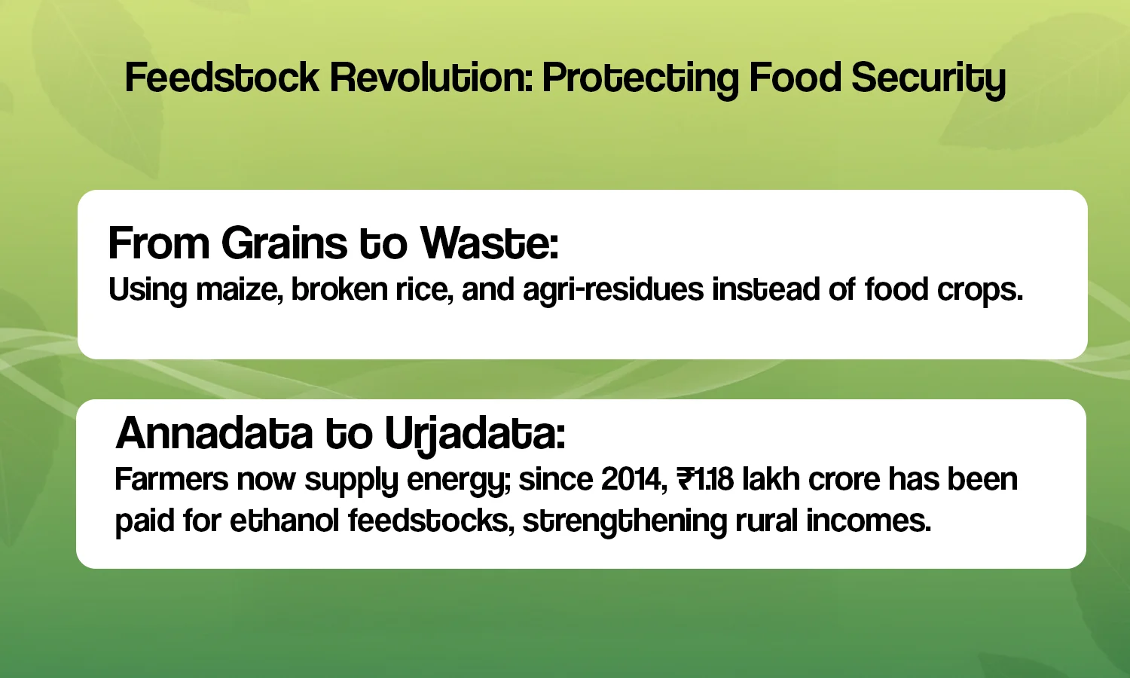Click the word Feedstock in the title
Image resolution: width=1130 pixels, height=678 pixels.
pyautogui.click(x=222, y=78)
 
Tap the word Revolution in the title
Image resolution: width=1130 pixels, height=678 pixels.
pyautogui.click(x=432, y=78)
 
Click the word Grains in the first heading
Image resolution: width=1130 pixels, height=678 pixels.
pyautogui.click(x=285, y=243)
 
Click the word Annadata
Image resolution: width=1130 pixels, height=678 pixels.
pyautogui.click(x=215, y=433)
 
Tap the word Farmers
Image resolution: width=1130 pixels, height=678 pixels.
pyautogui.click(x=172, y=478)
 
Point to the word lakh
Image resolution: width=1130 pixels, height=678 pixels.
pyautogui.click(x=771, y=478)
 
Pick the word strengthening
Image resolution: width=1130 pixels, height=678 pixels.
pyautogui.click(x=625, y=523)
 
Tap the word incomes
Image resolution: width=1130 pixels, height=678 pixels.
pyautogui.click(x=868, y=521)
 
